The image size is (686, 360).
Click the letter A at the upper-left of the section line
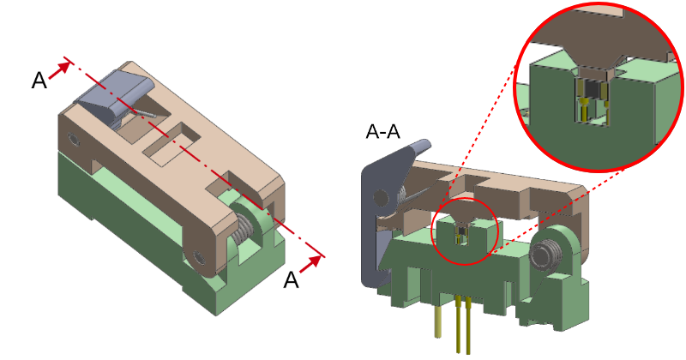click(39, 80)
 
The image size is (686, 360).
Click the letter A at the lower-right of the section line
click(292, 279)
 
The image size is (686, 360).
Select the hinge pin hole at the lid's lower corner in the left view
click(199, 256)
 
